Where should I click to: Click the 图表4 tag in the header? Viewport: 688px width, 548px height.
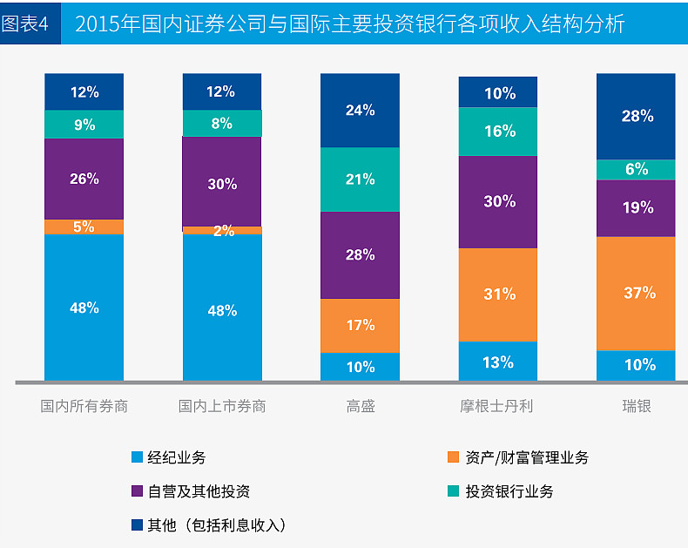(x=26, y=24)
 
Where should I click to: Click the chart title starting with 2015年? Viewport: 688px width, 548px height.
(x=349, y=24)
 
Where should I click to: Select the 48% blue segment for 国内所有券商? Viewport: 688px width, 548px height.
(x=84, y=308)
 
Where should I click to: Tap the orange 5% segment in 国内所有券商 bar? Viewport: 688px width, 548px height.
(x=84, y=227)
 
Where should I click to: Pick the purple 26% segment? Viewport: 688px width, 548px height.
(x=84, y=179)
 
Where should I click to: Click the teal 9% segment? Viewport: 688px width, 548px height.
(x=84, y=125)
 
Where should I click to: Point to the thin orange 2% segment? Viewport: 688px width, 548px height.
(x=222, y=231)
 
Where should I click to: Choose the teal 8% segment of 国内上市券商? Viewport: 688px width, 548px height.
(x=222, y=124)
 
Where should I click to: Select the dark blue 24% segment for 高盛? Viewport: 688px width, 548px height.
(x=360, y=111)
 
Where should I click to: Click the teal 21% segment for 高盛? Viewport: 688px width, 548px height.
(x=360, y=179)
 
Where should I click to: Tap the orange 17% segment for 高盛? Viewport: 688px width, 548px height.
(x=360, y=325)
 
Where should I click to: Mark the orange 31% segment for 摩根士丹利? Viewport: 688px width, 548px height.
(x=498, y=294)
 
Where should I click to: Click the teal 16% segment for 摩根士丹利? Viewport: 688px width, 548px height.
(x=498, y=132)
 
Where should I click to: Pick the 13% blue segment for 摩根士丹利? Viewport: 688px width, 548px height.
(x=498, y=362)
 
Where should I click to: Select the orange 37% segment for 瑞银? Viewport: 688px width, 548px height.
(x=637, y=294)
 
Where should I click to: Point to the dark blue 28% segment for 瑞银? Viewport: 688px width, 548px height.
(x=637, y=116)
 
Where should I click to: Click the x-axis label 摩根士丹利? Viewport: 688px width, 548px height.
(x=497, y=406)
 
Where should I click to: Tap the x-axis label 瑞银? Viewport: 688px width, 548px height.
(x=637, y=406)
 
